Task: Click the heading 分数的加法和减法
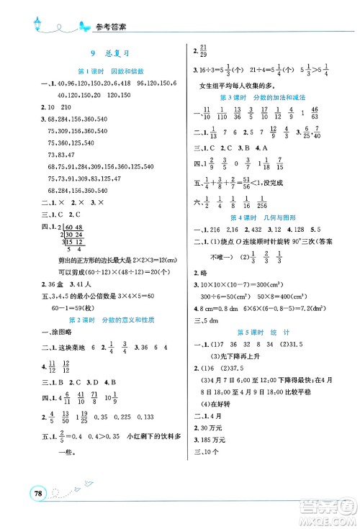(276, 96)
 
